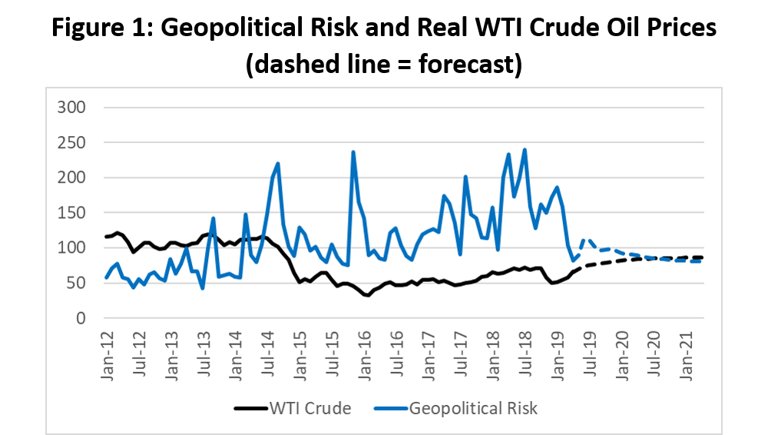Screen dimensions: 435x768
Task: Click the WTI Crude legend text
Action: click(x=311, y=408)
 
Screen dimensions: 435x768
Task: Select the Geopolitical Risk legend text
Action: click(x=474, y=408)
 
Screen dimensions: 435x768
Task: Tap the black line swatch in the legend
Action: click(x=248, y=408)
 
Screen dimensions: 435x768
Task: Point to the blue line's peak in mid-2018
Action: click(x=525, y=150)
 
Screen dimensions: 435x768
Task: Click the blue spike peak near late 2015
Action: click(x=353, y=152)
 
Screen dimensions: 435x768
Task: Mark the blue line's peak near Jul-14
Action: click(x=277, y=163)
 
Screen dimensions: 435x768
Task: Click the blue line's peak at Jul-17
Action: click(x=465, y=177)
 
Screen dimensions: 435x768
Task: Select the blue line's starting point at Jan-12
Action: click(x=106, y=277)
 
